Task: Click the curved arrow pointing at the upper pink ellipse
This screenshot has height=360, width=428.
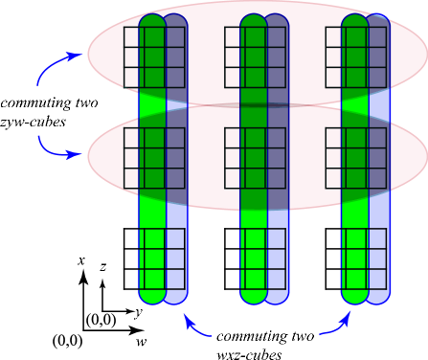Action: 56,65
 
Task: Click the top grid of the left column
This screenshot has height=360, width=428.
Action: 154,57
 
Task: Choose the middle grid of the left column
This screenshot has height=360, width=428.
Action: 154,158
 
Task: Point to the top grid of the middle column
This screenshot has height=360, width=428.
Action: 255,57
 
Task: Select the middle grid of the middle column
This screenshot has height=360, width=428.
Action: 255,158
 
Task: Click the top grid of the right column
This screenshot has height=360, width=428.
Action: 356,57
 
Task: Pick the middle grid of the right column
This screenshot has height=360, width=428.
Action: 356,158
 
